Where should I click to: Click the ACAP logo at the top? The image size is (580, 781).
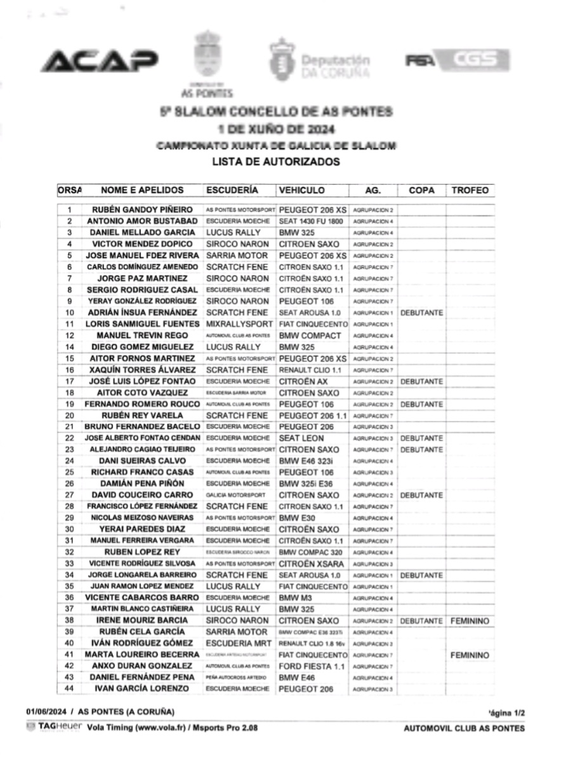[x=100, y=61]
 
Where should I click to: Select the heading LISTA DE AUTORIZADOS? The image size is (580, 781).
[x=276, y=162]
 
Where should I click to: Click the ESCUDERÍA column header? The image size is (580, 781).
[x=232, y=190]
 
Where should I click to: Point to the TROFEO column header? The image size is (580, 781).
[x=470, y=190]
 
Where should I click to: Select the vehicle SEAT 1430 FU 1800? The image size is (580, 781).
[x=311, y=221]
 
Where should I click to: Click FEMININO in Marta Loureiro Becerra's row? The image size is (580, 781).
[x=470, y=655]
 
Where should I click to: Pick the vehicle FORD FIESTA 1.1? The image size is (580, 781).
[x=312, y=666]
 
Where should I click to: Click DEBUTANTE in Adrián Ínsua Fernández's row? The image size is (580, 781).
[x=422, y=313]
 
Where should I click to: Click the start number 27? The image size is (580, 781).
[x=70, y=495]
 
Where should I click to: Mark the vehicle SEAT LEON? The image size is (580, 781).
[x=302, y=438]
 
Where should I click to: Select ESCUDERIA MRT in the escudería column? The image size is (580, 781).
[x=236, y=643]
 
